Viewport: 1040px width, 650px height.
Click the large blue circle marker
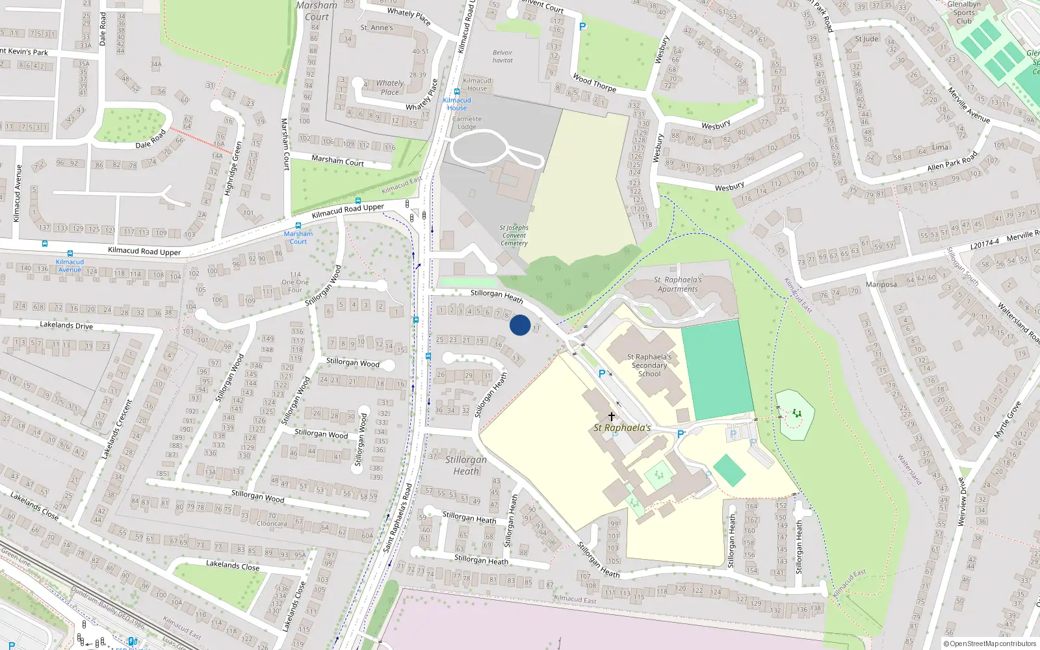click(520, 325)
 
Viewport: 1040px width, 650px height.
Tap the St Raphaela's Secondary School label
click(649, 365)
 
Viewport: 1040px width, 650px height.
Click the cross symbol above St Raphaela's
click(611, 416)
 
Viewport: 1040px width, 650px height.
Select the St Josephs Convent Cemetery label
click(514, 235)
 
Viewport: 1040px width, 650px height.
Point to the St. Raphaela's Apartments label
click(677, 285)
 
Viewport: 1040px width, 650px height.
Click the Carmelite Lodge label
click(467, 123)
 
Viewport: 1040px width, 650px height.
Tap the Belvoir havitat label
click(502, 57)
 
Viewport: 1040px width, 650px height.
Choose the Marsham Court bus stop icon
click(357, 201)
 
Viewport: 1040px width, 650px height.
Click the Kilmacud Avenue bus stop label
click(70, 265)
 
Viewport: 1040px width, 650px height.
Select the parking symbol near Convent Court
click(582, 27)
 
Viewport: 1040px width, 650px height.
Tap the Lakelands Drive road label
click(66, 325)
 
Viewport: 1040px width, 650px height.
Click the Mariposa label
click(881, 284)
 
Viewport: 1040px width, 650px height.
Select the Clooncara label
click(272, 523)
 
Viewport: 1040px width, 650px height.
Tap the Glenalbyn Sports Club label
click(964, 12)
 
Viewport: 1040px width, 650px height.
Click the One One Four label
click(295, 282)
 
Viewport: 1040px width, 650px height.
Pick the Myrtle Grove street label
click(1007, 420)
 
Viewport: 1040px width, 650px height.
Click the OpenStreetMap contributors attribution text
click(990, 643)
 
